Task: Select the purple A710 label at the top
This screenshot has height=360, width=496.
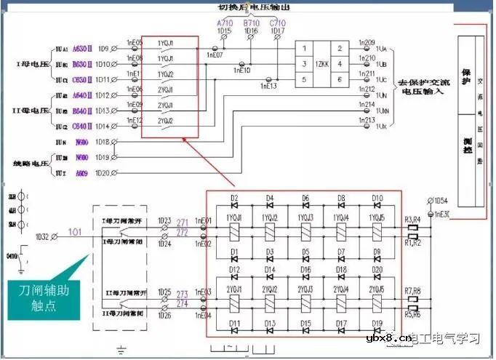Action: pyautogui.click(x=224, y=23)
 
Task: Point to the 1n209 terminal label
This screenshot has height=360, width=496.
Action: pyautogui.click(x=367, y=43)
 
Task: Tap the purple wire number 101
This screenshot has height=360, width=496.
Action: pyautogui.click(x=75, y=233)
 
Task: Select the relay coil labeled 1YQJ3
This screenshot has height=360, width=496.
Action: pyautogui.click(x=305, y=233)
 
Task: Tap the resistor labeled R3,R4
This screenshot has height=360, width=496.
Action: pyautogui.click(x=412, y=228)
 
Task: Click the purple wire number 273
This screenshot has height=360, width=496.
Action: pyautogui.click(x=182, y=294)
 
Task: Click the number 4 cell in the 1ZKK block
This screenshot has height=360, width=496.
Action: pyautogui.click(x=339, y=64)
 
